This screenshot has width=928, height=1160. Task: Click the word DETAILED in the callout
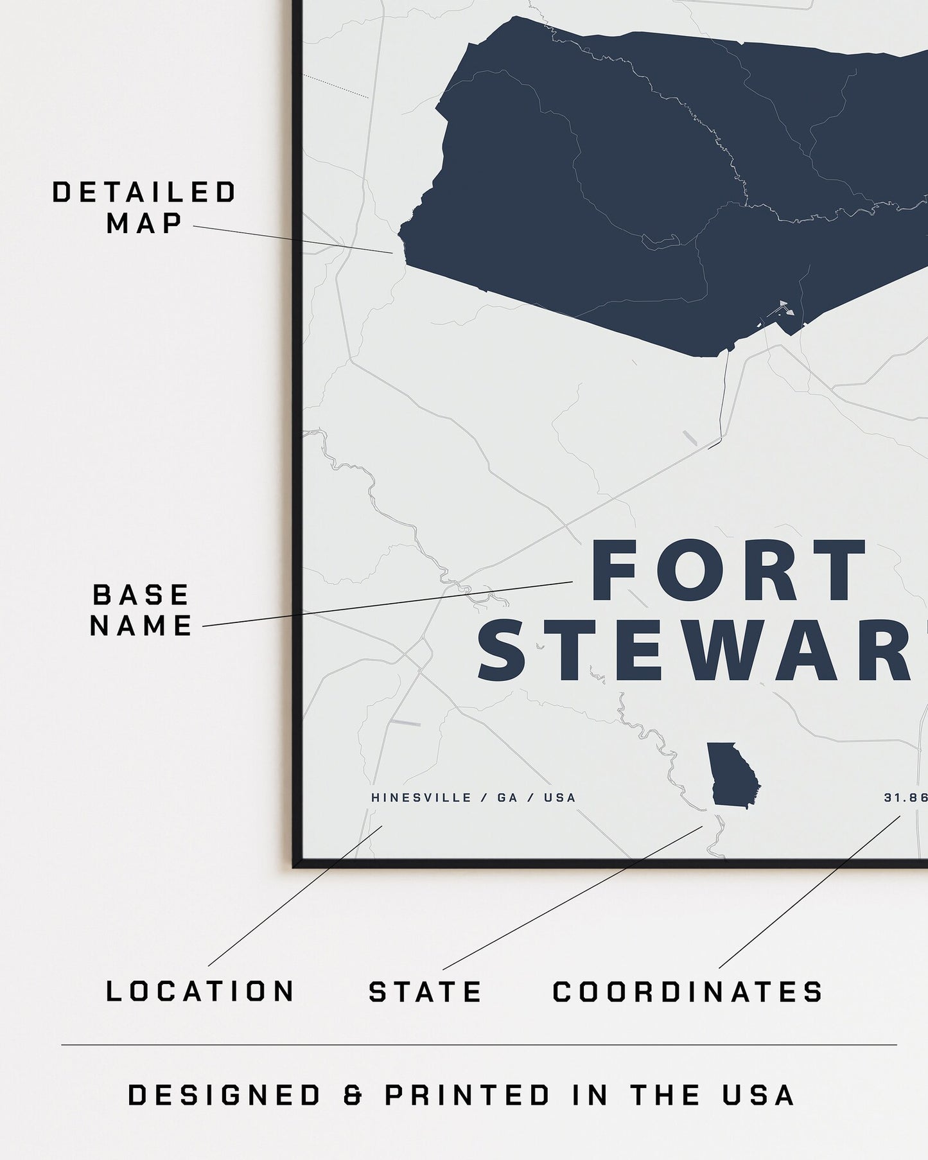(144, 193)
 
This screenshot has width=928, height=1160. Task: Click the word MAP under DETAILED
(145, 224)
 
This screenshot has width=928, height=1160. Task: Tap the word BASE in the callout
(141, 595)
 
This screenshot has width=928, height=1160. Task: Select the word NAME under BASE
(141, 626)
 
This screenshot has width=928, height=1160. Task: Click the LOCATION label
(200, 991)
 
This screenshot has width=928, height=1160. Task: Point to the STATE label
(425, 992)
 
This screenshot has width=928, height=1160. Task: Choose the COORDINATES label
(688, 992)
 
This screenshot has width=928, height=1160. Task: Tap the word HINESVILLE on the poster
(421, 798)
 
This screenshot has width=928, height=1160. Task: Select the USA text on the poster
(560, 798)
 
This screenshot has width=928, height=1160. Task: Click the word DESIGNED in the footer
(225, 1095)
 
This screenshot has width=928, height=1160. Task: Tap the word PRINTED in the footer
(468, 1095)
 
